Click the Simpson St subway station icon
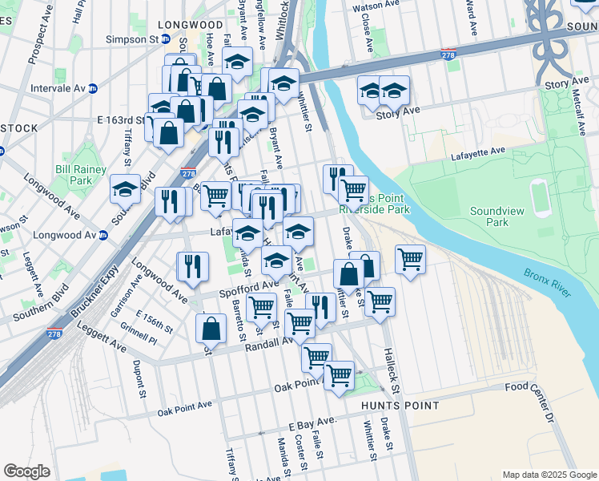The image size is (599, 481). pos(166,38)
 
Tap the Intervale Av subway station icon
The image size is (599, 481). pos(93,87)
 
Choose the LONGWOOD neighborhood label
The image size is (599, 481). pos(191,25)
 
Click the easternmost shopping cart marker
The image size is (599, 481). pos(410,259)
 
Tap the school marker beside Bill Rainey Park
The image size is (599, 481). pos(125,189)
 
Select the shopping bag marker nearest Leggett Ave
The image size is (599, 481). pos(211,328)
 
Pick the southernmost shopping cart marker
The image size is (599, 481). pos(339,374)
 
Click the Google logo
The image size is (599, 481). pos(27,471)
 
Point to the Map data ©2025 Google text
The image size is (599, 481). pos(549,475)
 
